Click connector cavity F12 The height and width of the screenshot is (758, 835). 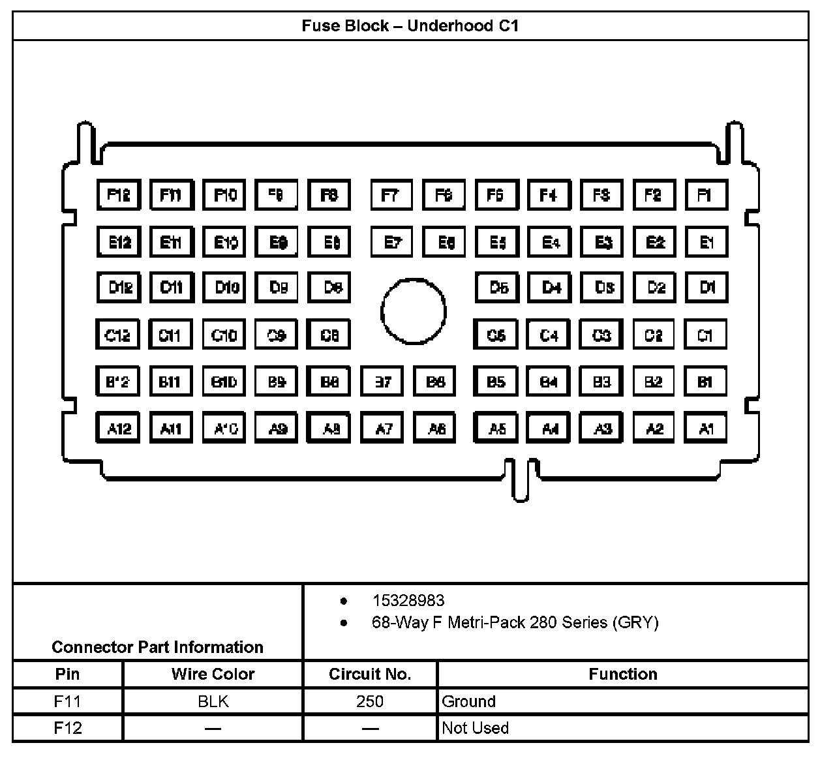coord(118,195)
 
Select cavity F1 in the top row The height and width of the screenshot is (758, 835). coord(706,195)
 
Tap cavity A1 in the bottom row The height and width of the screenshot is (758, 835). coord(705,428)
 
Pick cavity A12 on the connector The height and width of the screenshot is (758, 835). coord(118,428)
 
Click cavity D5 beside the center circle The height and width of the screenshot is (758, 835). coord(497,288)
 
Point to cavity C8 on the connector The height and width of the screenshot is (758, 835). coord(329,335)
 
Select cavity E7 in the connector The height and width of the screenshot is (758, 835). coord(392,243)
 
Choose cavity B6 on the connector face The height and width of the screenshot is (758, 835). coord(435,382)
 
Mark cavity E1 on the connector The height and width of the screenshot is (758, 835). coord(706,243)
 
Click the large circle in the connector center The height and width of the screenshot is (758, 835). coord(414,311)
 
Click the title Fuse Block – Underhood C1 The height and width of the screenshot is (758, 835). coord(410,26)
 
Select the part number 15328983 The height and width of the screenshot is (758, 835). coord(408,600)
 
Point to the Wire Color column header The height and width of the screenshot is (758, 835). coord(213,674)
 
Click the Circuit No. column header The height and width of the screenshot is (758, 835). coord(370,674)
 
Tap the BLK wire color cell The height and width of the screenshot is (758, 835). coord(213,701)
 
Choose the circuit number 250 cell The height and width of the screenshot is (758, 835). coord(370,701)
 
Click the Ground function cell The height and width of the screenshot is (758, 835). coord(469,701)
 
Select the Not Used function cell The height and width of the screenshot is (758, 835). coord(475,728)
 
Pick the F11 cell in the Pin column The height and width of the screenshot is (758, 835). coord(68,701)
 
